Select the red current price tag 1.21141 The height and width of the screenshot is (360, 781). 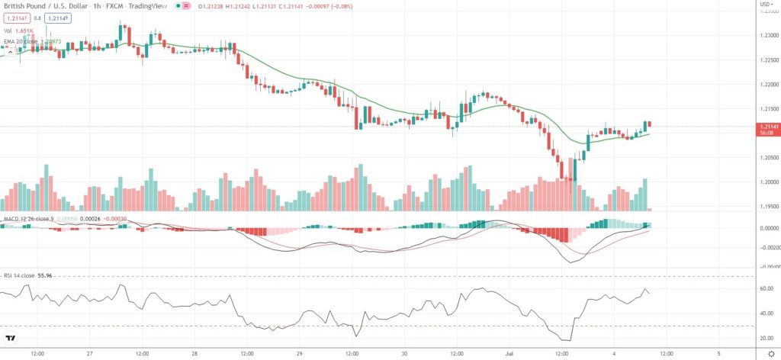click(x=767, y=126)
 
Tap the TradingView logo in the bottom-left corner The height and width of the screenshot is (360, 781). click(x=11, y=338)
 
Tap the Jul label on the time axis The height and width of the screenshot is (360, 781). click(x=510, y=354)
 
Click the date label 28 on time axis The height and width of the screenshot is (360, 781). click(x=194, y=354)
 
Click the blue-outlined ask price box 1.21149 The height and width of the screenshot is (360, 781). click(x=56, y=18)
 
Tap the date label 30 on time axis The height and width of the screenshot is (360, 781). click(x=404, y=354)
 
